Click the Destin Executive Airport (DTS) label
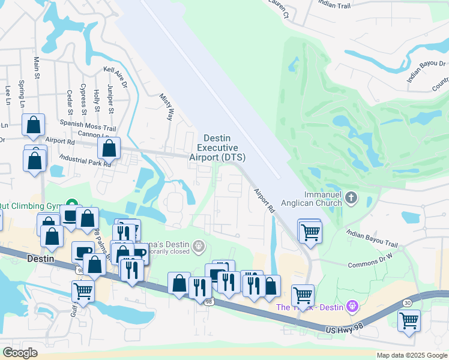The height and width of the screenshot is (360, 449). (x=217, y=148)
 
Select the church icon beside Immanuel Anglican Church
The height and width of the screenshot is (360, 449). (x=351, y=197)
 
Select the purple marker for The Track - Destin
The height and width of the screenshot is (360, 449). (x=352, y=307)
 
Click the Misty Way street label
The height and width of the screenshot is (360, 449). (x=166, y=106)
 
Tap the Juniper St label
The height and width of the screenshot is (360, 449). (x=110, y=99)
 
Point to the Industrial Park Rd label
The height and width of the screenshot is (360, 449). (x=85, y=161)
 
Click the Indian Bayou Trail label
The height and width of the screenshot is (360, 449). (x=372, y=238)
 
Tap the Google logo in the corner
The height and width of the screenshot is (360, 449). (x=20, y=353)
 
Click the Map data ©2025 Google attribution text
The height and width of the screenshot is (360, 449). (x=411, y=355)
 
